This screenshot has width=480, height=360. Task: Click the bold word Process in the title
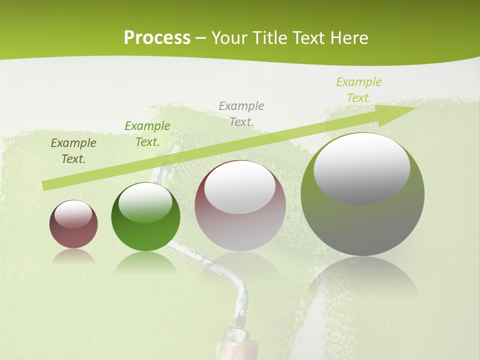pos(157,38)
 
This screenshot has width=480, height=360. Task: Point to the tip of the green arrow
pos(415,108)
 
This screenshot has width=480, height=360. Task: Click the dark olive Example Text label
pos(73,151)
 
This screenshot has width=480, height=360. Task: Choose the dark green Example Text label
pos(147,134)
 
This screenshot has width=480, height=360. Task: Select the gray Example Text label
pos(241,113)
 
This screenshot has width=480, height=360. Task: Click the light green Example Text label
pos(359,90)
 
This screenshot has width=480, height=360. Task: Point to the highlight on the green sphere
pos(145,202)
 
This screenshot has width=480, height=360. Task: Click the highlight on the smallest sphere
pos(73,214)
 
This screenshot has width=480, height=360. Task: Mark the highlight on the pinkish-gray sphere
pos(239,186)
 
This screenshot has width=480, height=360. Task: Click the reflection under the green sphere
pos(145,262)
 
